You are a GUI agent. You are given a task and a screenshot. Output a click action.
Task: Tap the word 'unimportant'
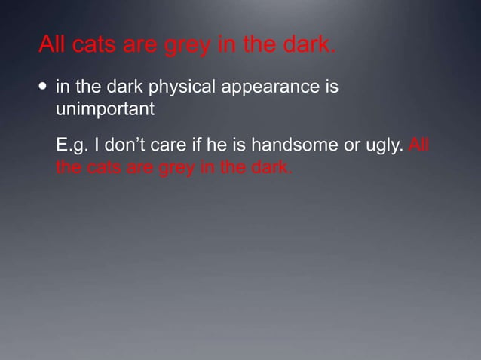pos(105,109)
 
